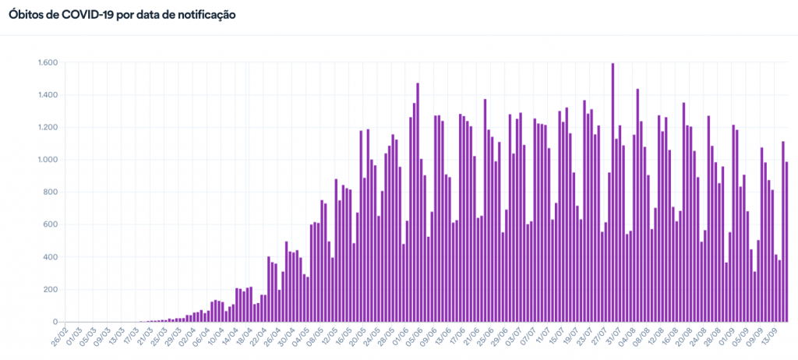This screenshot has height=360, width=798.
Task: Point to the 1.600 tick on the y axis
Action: [47, 62]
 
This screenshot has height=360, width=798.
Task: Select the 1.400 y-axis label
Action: [47, 95]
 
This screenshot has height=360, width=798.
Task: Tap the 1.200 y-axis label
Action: [47, 127]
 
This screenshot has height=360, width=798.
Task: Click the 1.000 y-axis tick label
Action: [47, 160]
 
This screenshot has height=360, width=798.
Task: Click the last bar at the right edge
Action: [787, 242]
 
